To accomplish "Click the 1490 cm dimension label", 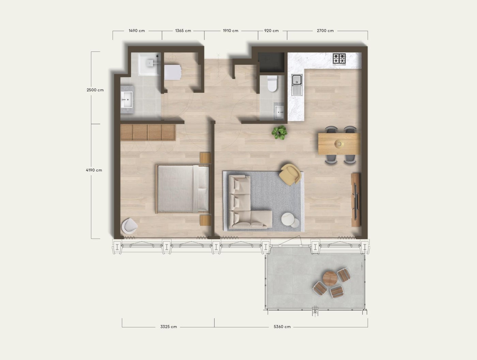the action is (137, 31).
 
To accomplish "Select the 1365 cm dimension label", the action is (183, 31).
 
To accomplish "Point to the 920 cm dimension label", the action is (272, 31).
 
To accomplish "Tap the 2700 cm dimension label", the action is (325, 31).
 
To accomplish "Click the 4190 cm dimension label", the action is (94, 170).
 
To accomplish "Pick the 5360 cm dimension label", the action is (282, 327).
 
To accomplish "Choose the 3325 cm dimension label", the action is (169, 327).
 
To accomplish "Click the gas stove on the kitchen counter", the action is (339, 59).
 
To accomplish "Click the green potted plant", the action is (279, 132).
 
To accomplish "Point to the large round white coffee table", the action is (288, 219).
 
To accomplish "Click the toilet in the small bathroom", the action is (272, 84).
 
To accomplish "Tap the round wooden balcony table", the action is (330, 279).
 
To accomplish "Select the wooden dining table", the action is (339, 144).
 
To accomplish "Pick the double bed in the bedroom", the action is (182, 189).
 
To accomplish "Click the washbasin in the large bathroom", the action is (126, 100).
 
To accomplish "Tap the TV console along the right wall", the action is (355, 200).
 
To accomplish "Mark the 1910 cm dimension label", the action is (231, 31).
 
